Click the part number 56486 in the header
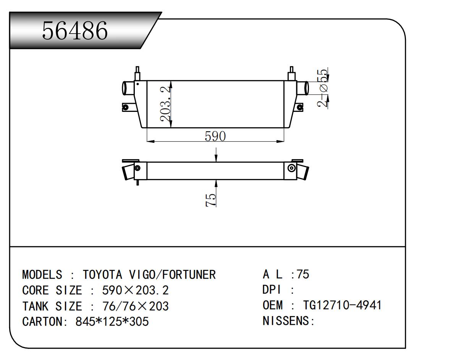pyautogui.click(x=75, y=31)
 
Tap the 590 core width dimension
pyautogui.click(x=215, y=136)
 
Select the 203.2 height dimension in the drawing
pyautogui.click(x=166, y=104)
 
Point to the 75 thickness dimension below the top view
pyautogui.click(x=210, y=200)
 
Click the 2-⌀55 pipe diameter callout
pyautogui.click(x=322, y=88)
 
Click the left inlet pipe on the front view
pyautogui.click(x=128, y=88)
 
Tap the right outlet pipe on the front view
pyautogui.click(x=302, y=88)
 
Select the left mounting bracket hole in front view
pyautogui.click(x=126, y=107)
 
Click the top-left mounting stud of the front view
pyautogui.click(x=137, y=73)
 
